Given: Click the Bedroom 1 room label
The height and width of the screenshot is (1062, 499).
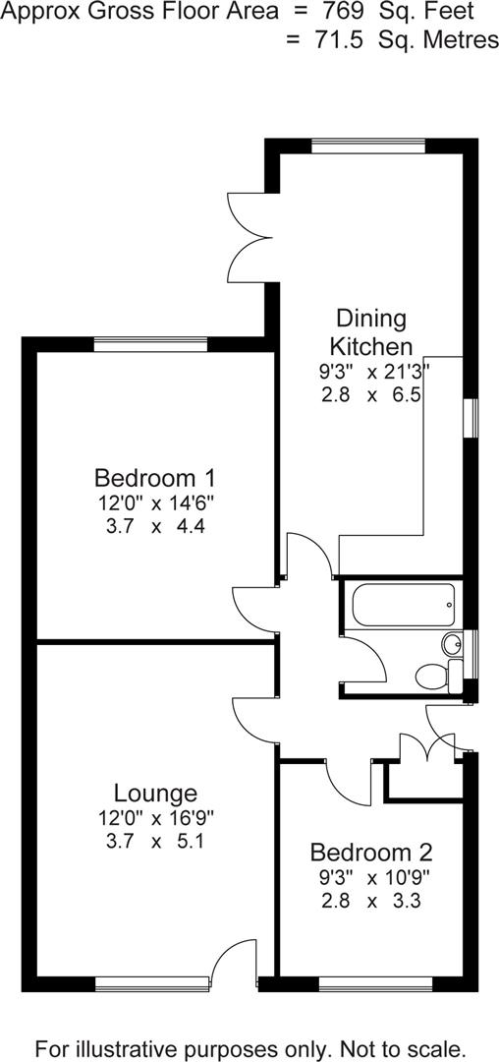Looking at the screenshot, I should (155, 479).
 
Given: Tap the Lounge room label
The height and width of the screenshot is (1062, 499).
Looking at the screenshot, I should (155, 794).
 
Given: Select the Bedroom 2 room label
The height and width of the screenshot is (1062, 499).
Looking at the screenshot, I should (371, 853).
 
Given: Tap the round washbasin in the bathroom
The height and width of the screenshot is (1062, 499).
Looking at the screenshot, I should (452, 645).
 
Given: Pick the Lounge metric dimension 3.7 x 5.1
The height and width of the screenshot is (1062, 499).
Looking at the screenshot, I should (155, 842).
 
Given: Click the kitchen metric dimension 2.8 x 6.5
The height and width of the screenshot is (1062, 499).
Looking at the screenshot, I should (371, 395).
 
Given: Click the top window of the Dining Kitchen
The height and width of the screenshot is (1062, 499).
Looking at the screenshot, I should (368, 147).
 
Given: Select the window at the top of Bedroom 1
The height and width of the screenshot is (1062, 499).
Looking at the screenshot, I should (151, 344).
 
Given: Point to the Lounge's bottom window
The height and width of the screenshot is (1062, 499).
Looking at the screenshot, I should (151, 980).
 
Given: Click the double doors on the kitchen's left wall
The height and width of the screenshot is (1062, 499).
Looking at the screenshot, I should (248, 237).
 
